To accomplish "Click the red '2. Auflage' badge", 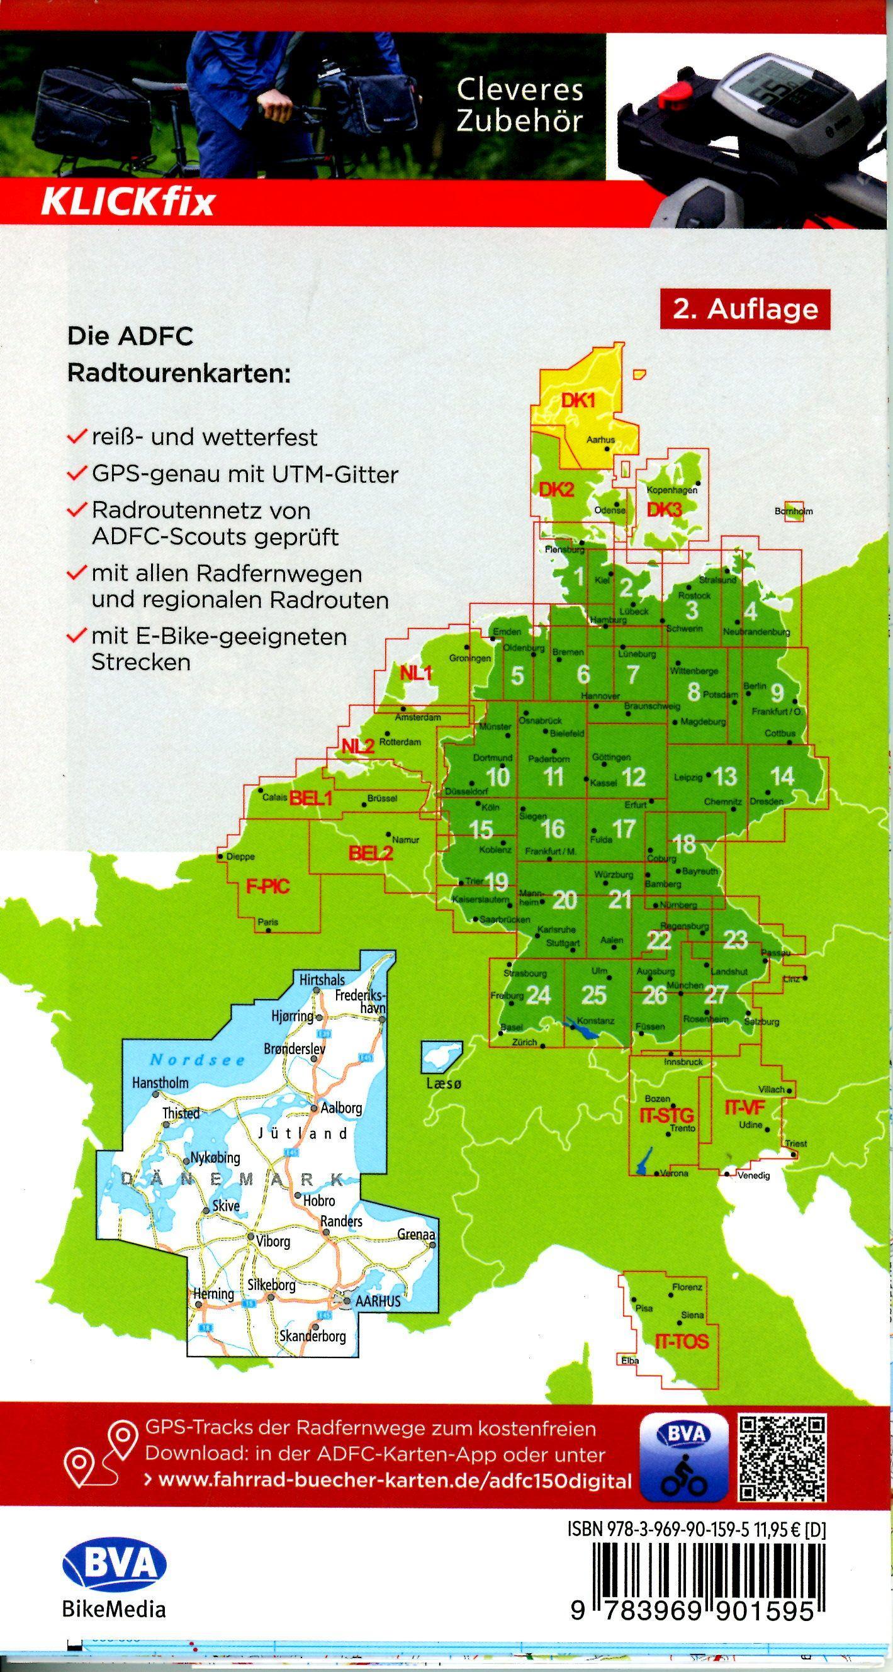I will (745, 310).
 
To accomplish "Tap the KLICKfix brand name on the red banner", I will (127, 203).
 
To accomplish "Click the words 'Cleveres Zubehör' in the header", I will (519, 105).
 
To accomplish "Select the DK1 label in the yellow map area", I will (578, 401).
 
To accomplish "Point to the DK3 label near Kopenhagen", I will (664, 510).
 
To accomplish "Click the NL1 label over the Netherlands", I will (416, 673).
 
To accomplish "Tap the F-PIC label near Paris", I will (267, 887).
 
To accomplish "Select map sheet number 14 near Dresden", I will (782, 777).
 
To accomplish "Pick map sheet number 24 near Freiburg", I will (538, 995).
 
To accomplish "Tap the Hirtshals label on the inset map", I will (322, 979).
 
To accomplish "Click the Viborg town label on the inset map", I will (272, 1242).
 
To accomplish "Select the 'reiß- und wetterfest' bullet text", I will (205, 437).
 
